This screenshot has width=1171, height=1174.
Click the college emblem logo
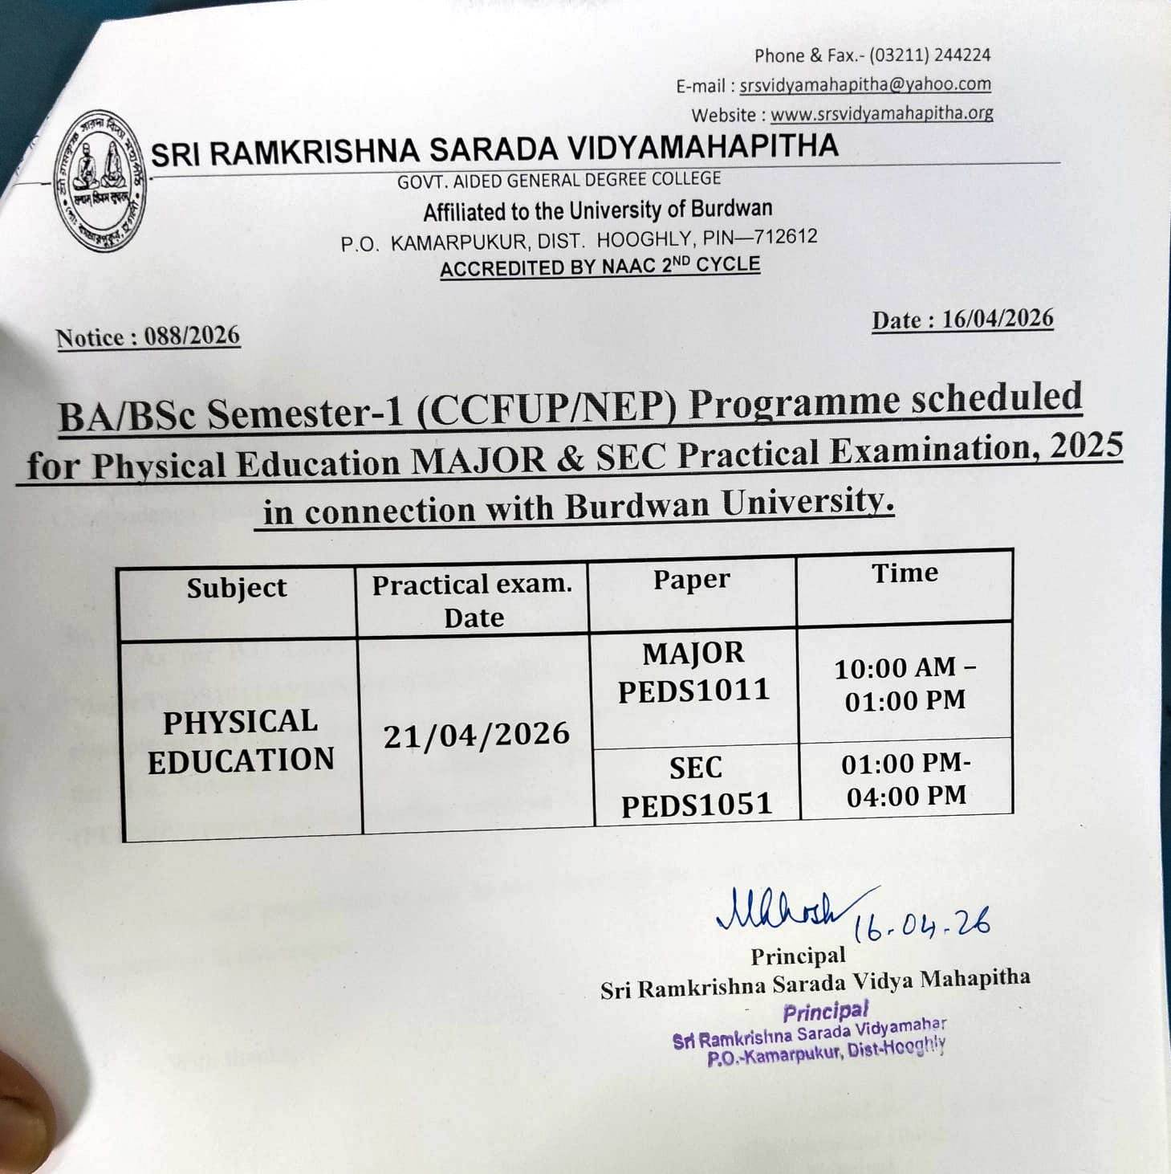(x=100, y=181)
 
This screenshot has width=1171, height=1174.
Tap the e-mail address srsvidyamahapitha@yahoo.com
(x=864, y=84)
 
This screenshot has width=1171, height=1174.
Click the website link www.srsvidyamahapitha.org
(x=881, y=114)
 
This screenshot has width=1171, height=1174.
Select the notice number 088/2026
(x=192, y=336)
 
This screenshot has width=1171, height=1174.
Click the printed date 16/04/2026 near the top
(x=997, y=319)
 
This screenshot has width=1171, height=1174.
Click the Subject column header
(x=237, y=588)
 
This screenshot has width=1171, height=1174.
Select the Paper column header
(x=691, y=580)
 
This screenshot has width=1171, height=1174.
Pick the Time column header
(x=905, y=573)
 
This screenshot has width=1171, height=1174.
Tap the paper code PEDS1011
(x=693, y=691)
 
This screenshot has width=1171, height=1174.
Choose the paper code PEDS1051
(x=697, y=805)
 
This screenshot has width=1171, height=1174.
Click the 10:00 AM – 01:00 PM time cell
(x=905, y=683)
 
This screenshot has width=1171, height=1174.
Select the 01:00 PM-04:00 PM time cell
(x=906, y=779)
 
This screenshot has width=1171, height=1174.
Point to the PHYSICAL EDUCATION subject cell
(x=240, y=741)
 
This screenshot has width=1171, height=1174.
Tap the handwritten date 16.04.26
(x=921, y=925)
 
